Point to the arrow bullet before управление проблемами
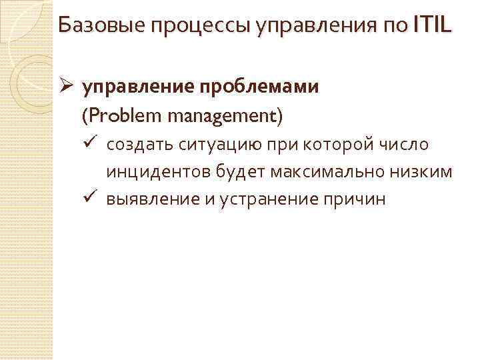(x=65, y=87)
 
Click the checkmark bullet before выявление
(x=92, y=199)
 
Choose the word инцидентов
(x=158, y=173)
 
